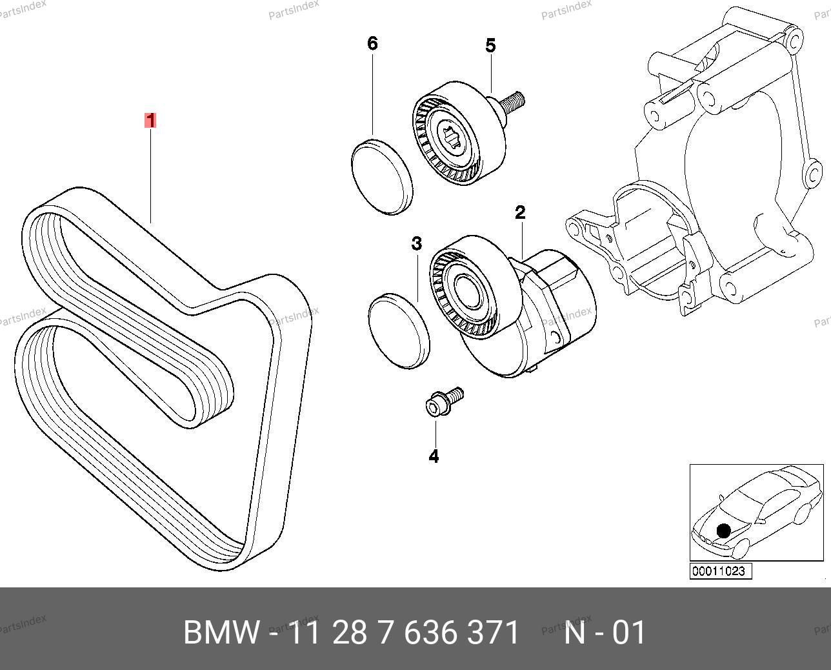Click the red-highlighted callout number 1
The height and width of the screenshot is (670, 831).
pos(150,120)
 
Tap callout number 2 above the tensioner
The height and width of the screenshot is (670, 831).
pos(520,212)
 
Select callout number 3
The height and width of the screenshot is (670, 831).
pos(416,243)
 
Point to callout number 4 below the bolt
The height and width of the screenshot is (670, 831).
pos(434,456)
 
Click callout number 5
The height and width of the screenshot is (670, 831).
pos(490,46)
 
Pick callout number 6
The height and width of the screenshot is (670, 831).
pos(372,43)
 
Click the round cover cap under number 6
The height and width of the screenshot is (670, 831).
pos(382,178)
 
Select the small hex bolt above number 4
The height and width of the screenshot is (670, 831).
pos(444,402)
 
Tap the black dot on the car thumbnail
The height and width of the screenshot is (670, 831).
pos(723,531)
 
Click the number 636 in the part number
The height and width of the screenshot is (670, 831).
pos(430,633)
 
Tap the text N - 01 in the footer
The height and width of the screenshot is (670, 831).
pos(605,633)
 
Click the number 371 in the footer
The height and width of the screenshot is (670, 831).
pos(493,633)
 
